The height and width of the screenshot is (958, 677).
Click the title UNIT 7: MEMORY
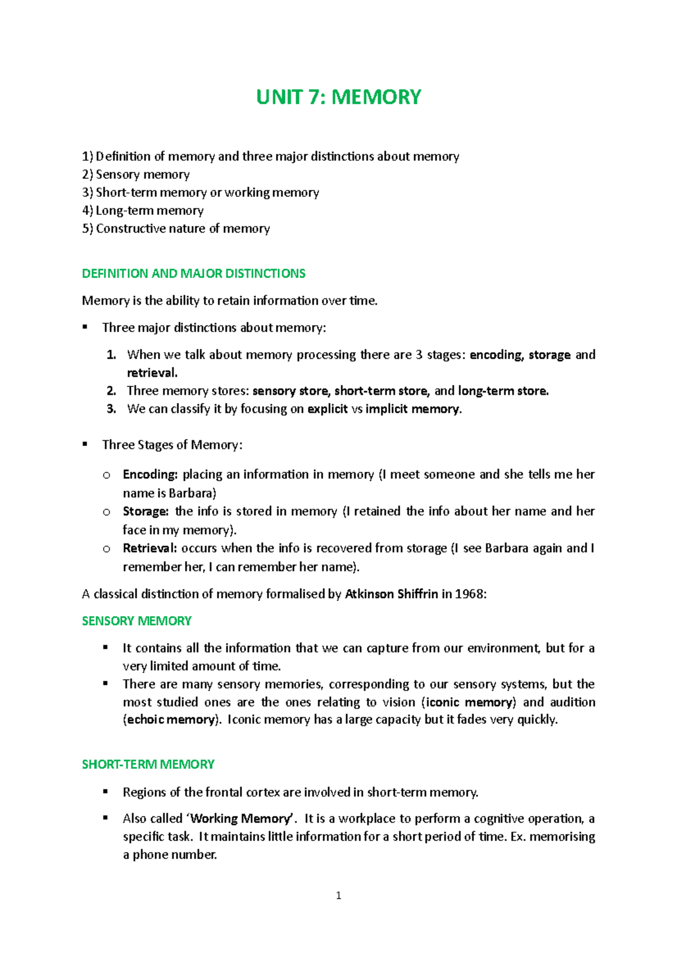coord(338,97)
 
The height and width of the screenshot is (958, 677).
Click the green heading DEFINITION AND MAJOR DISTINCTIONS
coord(194,274)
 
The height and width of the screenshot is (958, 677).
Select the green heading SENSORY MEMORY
coord(137,621)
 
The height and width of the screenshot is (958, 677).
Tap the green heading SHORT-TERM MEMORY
coord(148,764)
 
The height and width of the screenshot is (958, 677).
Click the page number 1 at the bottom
coord(338,895)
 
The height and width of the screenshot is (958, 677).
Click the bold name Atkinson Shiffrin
coord(391,594)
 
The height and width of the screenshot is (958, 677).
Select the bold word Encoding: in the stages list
coord(150,474)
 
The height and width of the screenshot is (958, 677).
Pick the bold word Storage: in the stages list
coord(146,512)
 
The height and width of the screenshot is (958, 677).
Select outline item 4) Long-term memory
coord(143,210)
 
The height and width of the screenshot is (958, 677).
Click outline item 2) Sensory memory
coord(136,174)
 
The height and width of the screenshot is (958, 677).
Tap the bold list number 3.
coord(111,409)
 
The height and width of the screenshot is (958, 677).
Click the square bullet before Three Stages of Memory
coord(85,445)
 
